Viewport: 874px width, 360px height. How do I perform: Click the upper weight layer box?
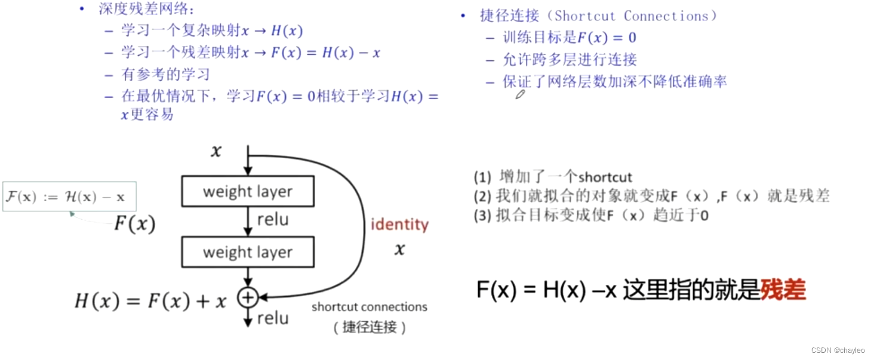click(x=248, y=192)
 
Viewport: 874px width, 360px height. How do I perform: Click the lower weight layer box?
click(x=248, y=252)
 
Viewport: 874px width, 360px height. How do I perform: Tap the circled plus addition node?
click(x=247, y=297)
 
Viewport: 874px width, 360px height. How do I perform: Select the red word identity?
click(x=399, y=225)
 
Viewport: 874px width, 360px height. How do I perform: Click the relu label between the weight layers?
click(x=273, y=220)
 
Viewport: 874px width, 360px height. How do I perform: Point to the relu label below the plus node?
click(x=273, y=318)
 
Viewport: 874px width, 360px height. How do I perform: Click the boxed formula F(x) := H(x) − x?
click(x=69, y=197)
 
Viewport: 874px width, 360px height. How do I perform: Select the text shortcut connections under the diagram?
click(x=370, y=307)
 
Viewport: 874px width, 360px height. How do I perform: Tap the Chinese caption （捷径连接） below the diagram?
click(x=370, y=327)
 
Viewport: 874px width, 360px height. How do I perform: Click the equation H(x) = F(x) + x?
click(x=150, y=301)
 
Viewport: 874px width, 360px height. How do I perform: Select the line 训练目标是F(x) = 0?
click(x=570, y=38)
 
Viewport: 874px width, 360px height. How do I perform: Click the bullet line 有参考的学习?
click(x=165, y=75)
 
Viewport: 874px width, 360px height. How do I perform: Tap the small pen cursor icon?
click(x=520, y=94)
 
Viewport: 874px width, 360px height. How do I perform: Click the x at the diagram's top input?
click(x=216, y=152)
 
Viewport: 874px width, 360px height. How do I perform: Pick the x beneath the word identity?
click(x=399, y=249)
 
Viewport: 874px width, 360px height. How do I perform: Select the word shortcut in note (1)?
click(x=605, y=177)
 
